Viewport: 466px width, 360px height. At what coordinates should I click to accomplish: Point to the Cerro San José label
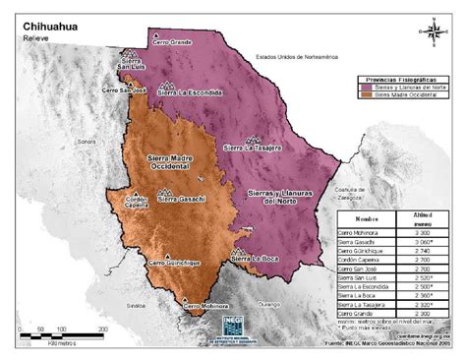(x=125, y=90)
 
